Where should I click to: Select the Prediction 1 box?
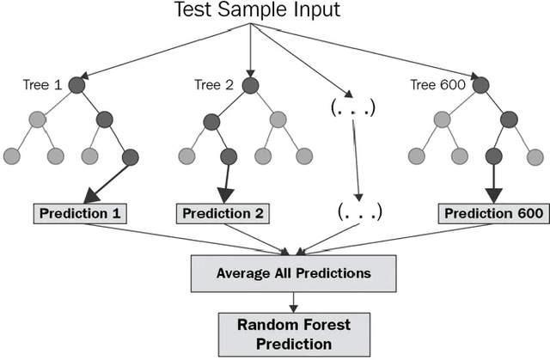coord(82,212)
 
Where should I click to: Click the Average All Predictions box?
coord(294,273)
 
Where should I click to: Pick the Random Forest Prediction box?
coord(294,333)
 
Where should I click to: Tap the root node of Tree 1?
coord(77,85)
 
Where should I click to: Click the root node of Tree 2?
coord(249,85)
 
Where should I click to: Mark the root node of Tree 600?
coord(480,85)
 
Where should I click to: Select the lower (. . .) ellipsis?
coord(359,210)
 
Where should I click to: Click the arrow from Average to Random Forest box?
coord(294,302)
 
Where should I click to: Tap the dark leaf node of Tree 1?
coord(130,156)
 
